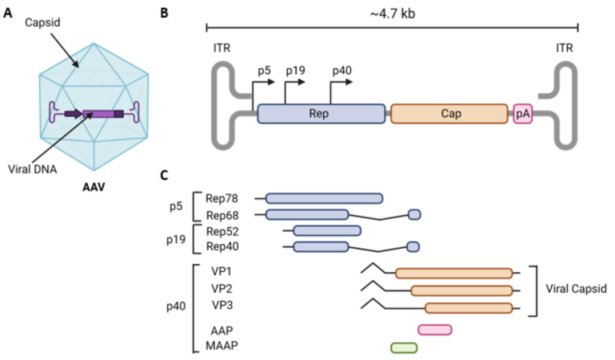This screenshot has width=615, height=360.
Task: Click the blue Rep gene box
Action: [321, 113]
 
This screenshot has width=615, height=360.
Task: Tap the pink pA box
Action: [523, 113]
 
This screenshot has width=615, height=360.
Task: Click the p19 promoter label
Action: [296, 71]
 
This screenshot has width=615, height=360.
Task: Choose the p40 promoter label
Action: [341, 71]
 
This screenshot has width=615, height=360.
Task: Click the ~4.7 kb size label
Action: [392, 12]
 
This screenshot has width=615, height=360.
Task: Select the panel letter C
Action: [164, 176]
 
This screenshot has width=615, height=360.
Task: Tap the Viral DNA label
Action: [32, 169]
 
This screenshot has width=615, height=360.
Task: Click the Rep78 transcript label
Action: [222, 198]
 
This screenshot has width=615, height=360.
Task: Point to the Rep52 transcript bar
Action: [327, 231]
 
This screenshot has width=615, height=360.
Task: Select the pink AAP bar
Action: [434, 330]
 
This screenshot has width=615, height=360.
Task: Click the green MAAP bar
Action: [404, 347]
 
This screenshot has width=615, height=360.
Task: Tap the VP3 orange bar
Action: [468, 308]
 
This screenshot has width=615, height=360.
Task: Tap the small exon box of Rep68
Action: [415, 214]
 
